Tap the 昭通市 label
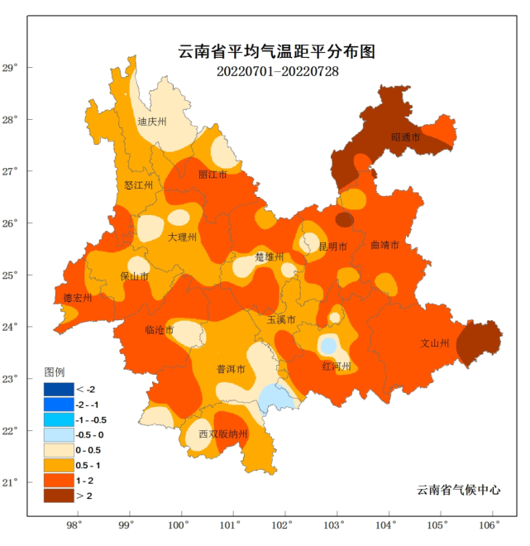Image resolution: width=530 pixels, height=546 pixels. point(405,137)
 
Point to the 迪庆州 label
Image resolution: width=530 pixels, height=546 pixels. point(152,122)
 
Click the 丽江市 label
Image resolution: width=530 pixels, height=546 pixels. point(212,175)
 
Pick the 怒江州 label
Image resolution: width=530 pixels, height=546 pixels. point(138,185)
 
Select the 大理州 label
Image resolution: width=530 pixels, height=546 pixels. point(182,237)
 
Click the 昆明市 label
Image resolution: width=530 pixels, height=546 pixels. point(332,247)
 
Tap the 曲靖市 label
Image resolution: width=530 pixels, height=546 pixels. point(385,246)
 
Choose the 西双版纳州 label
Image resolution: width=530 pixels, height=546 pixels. point(223,434)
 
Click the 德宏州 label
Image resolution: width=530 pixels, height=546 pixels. point(78,298)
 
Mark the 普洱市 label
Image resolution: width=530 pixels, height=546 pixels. point(231,370)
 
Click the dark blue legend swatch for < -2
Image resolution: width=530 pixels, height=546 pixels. point(59,389)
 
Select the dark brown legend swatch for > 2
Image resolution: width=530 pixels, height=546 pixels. point(59,495)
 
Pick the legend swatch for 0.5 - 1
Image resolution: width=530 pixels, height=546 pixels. point(59,465)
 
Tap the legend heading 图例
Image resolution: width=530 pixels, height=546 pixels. point(55,371)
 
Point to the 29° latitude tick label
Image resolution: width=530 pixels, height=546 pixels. point(33,68)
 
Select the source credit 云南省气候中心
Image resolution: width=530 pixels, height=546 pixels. point(459,490)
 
